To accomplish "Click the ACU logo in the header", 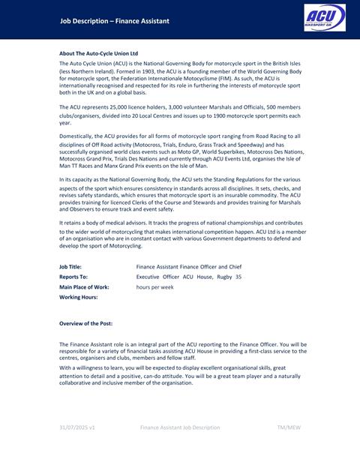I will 325,19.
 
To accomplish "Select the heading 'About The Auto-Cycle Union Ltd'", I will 98,53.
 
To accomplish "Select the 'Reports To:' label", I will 73,277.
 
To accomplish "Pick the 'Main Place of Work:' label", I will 84,287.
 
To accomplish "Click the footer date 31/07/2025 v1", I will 77,427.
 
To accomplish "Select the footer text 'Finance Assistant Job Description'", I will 180,427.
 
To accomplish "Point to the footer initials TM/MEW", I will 289,427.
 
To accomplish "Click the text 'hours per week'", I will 154,287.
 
